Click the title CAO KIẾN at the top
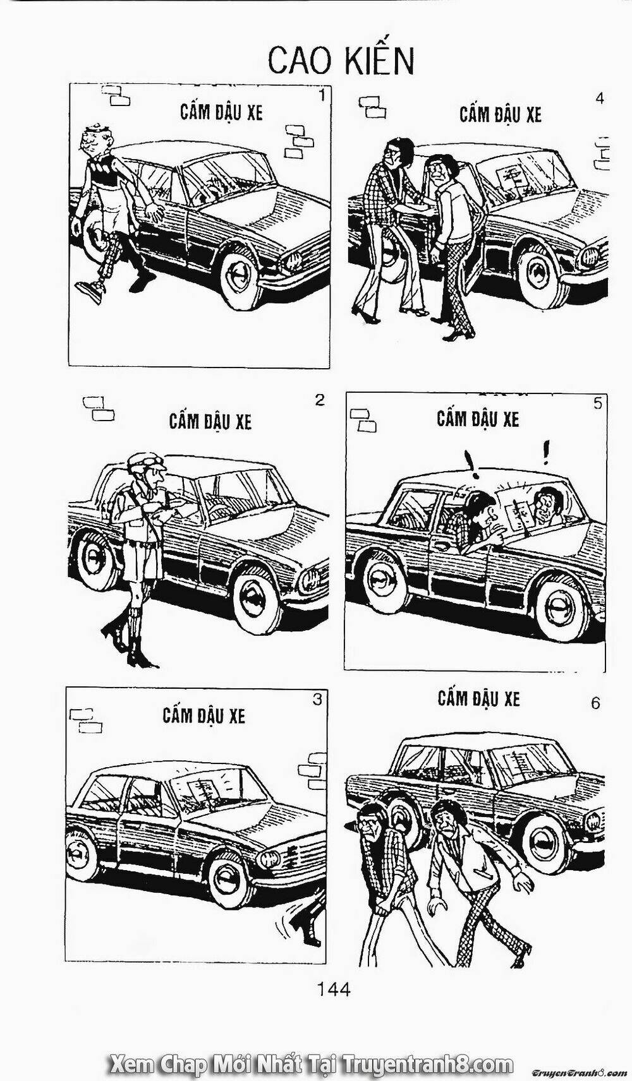tap(341, 61)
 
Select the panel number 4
tap(600, 99)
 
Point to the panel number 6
tap(595, 703)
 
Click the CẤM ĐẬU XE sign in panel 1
tap(222, 112)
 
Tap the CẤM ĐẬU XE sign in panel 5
tap(478, 419)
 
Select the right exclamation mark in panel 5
tap(546, 451)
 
